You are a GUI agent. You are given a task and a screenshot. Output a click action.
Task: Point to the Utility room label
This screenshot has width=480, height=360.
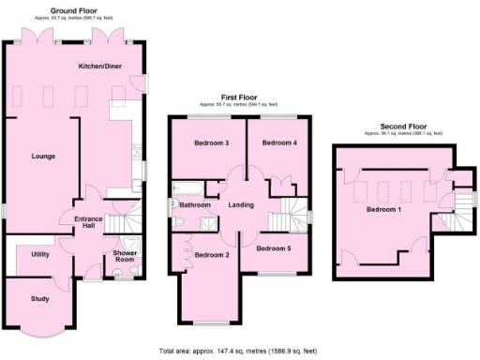coord(40,254)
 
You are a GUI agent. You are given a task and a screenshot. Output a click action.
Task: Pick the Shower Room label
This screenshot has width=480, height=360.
coord(125,257)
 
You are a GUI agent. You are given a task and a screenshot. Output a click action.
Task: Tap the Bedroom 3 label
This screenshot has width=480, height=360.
coord(212,143)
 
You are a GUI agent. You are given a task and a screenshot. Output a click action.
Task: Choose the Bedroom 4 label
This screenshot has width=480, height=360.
coord(279,143)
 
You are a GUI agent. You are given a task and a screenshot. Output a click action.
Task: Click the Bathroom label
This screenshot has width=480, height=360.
coord(195,204)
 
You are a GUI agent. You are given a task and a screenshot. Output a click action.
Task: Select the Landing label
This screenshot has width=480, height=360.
coord(241,204)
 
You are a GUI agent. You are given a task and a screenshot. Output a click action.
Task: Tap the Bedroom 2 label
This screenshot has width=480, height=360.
coord(212,255)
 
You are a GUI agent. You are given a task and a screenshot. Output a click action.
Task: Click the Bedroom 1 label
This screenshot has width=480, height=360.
coord(384,209)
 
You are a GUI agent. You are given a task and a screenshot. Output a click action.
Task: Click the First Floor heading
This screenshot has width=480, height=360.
coord(239,97)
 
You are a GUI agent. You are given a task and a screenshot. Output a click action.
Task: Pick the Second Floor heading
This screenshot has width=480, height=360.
coord(403,126)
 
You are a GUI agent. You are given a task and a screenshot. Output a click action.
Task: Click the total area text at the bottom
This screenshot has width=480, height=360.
coord(240,351)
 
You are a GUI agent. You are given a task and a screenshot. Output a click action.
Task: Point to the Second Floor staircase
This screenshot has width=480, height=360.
coord(454,205)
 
